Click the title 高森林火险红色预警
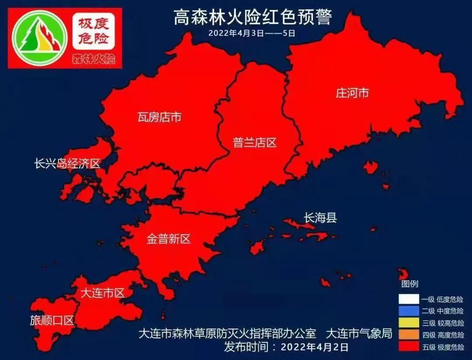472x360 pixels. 253,18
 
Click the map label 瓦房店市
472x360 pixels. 159,117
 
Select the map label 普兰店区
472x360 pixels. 255,143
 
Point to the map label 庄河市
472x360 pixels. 352,93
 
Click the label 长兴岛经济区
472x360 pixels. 67,164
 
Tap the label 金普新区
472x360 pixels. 168,239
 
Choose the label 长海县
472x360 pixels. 320,217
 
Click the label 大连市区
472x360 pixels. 103,293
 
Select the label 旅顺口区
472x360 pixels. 52,320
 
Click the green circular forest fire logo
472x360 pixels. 40,38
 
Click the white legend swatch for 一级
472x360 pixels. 408,300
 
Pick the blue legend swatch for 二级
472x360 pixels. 408,311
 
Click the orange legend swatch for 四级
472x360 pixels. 408,335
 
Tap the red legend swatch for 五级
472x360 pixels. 408,347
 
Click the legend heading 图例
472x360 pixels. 410,284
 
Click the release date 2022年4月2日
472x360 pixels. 314,348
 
